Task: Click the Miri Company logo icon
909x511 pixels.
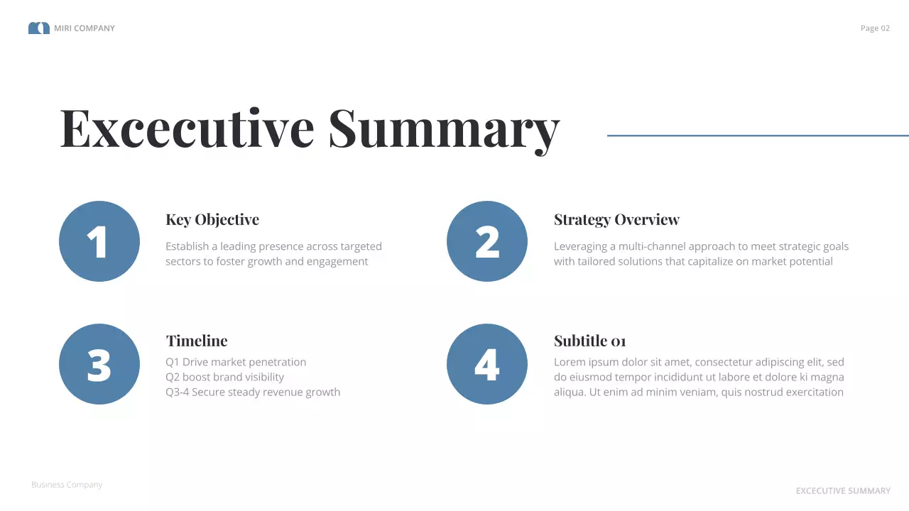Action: (38, 28)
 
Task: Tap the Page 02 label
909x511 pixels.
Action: (875, 28)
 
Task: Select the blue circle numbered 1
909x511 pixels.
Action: (99, 241)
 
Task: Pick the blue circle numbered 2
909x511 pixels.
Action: (487, 241)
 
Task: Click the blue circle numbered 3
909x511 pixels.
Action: (99, 364)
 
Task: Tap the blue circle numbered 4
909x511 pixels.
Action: (487, 364)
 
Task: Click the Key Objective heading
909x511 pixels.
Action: (212, 220)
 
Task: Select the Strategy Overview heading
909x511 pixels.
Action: (616, 220)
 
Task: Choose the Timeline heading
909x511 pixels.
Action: (197, 341)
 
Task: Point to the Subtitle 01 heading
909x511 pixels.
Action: (589, 341)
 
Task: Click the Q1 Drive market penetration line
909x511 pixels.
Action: (236, 362)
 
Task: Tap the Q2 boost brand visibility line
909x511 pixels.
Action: (224, 377)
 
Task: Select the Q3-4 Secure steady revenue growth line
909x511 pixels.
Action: (253, 392)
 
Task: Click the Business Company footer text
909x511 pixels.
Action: (67, 485)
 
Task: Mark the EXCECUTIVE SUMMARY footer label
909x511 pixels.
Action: (843, 491)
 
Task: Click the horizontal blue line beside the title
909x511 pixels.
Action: (758, 136)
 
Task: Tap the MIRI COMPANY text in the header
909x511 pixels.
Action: (85, 28)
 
